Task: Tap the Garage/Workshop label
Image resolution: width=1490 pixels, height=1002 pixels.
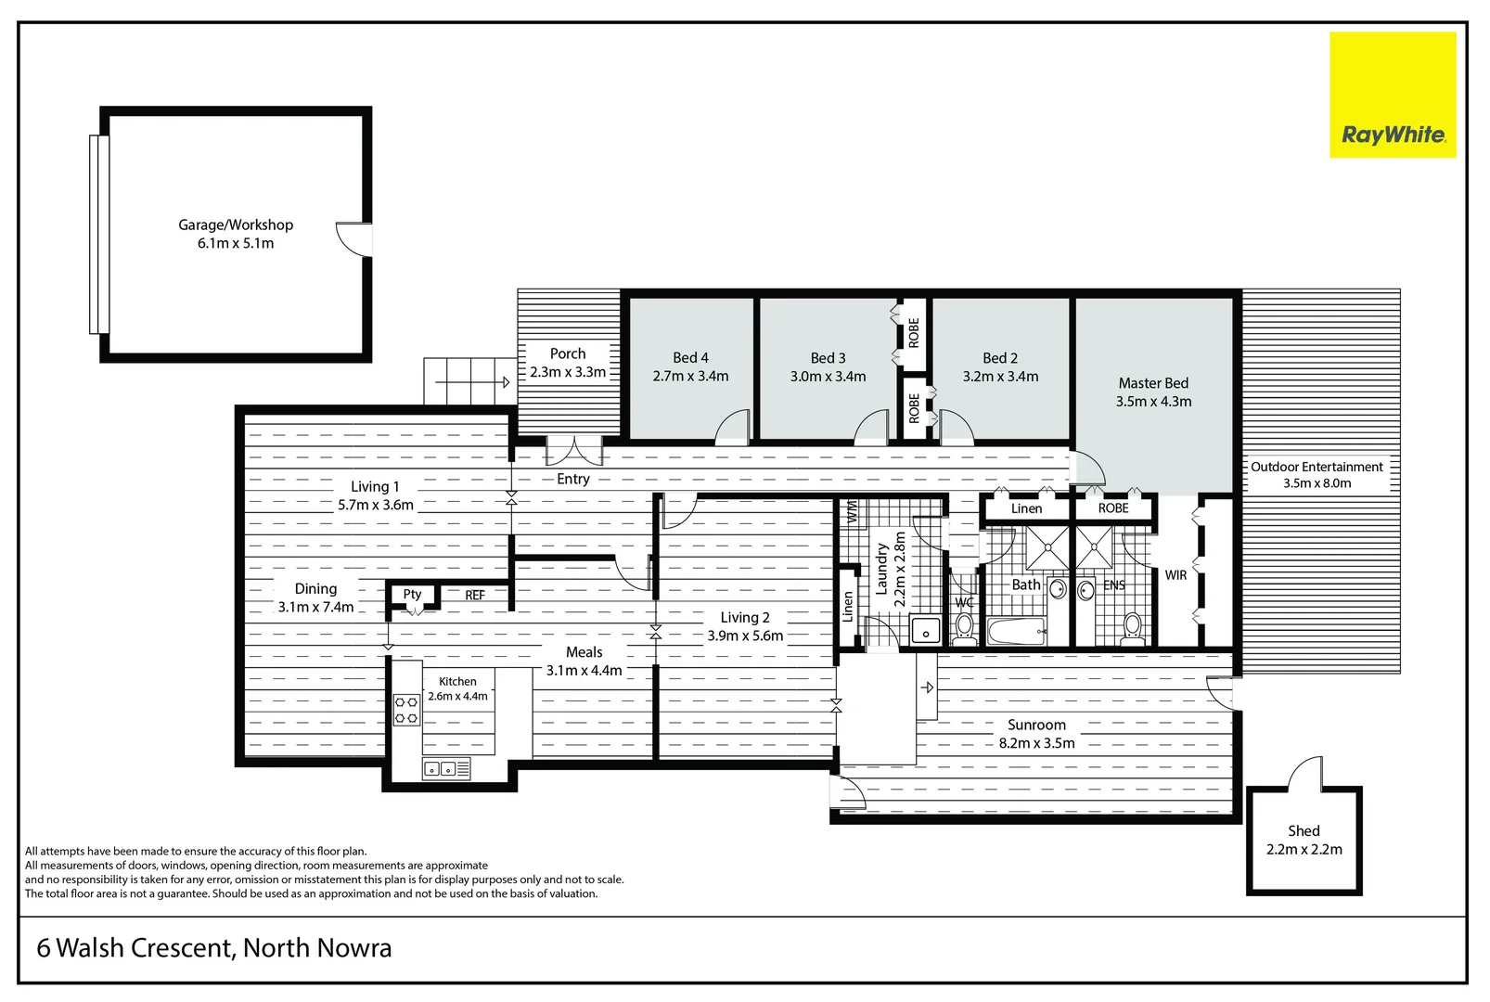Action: point(236,225)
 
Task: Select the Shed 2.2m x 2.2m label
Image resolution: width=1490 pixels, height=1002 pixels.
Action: point(1304,841)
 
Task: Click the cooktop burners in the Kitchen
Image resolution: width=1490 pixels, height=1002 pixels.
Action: point(406,710)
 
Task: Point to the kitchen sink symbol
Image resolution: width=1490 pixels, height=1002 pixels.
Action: point(446,768)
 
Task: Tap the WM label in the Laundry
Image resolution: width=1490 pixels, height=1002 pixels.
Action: point(851,512)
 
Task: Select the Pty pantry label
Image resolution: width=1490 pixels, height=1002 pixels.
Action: point(412,595)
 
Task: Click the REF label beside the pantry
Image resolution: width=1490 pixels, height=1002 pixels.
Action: point(475,596)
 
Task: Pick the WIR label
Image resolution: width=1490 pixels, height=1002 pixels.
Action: point(1175,575)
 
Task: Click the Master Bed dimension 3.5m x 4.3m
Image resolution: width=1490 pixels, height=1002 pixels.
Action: point(1153,402)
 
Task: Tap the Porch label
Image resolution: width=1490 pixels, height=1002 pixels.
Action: point(568,353)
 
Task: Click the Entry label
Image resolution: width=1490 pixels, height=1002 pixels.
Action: point(573,479)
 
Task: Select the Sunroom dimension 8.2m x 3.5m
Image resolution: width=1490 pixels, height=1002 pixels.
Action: point(1036,743)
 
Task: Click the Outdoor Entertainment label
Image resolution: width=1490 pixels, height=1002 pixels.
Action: point(1317,467)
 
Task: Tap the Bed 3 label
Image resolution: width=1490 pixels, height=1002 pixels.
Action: point(828,358)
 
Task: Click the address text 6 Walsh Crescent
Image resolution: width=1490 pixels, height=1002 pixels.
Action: point(214,948)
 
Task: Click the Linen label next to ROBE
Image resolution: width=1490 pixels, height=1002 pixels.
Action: point(1026,508)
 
